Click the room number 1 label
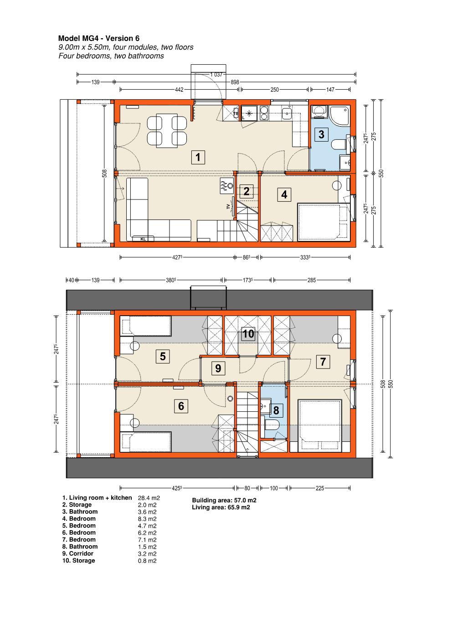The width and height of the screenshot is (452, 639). [x=198, y=157]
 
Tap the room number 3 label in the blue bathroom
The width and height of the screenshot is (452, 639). [x=321, y=134]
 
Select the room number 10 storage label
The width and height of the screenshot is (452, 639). [x=248, y=334]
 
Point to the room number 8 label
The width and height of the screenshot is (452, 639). [x=276, y=410]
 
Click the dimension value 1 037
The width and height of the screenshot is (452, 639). [x=216, y=74]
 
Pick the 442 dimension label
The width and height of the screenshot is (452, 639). [x=179, y=90]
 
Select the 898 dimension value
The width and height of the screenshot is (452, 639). [x=235, y=82]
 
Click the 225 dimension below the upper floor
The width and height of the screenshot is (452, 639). [x=320, y=488]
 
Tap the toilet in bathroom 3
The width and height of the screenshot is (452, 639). [x=339, y=144]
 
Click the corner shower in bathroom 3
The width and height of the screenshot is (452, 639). [x=339, y=115]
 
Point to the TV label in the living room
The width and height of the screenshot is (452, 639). [x=228, y=206]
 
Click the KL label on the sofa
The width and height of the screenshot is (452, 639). [x=143, y=239]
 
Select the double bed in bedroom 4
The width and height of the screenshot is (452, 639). [x=324, y=222]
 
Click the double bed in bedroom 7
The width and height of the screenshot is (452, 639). [x=319, y=425]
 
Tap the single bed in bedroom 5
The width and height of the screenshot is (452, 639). [x=145, y=326]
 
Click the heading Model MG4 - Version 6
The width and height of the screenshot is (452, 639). [x=99, y=39]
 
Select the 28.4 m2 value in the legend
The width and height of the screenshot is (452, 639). [x=149, y=498]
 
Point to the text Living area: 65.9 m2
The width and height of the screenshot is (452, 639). [x=221, y=507]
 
